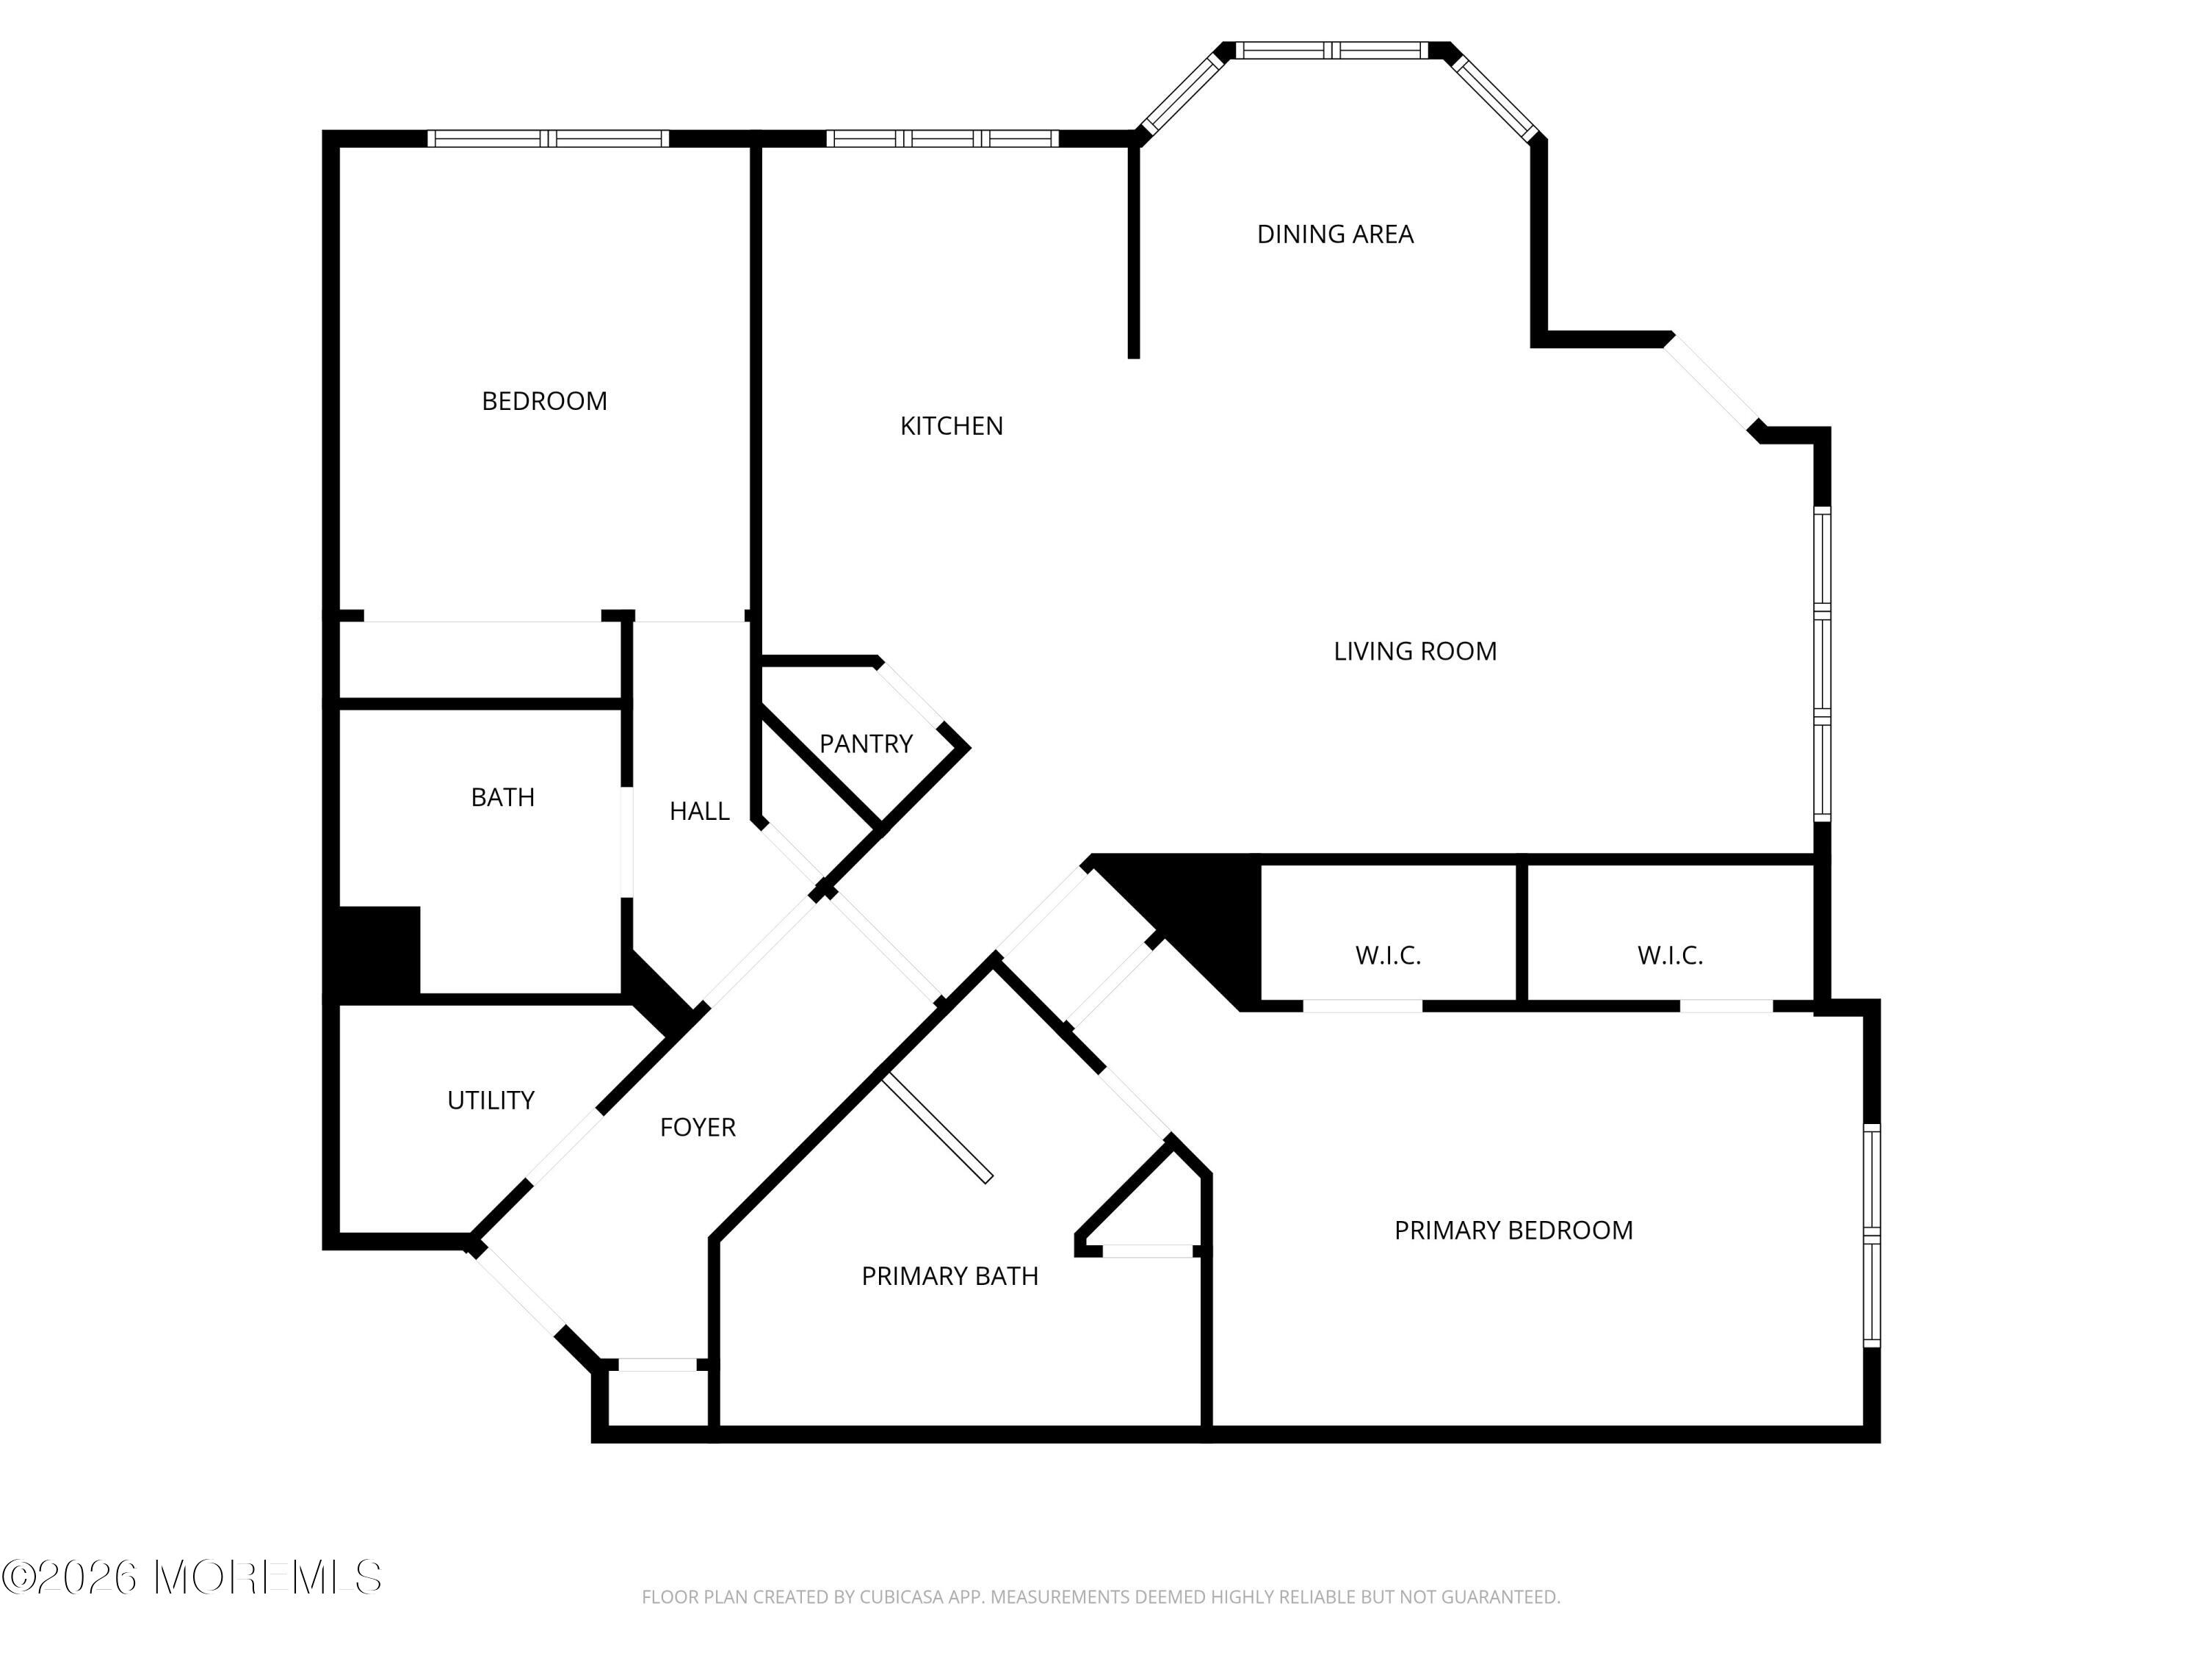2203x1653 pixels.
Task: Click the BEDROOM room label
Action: click(x=544, y=400)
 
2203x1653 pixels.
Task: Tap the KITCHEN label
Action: click(x=951, y=425)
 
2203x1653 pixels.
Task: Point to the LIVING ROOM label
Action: click(x=1414, y=651)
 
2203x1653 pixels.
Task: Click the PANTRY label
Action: click(x=866, y=743)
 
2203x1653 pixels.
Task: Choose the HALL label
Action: click(x=699, y=811)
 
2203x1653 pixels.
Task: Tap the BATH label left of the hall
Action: click(x=502, y=797)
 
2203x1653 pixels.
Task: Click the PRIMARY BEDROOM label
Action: click(x=1513, y=1231)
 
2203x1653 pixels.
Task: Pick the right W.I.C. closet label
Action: click(x=1670, y=956)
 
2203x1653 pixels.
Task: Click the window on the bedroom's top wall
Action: click(x=548, y=139)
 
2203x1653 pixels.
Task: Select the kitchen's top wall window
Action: click(x=942, y=139)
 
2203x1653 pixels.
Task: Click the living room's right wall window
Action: click(x=1822, y=663)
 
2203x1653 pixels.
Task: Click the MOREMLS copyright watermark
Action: click(x=191, y=1577)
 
